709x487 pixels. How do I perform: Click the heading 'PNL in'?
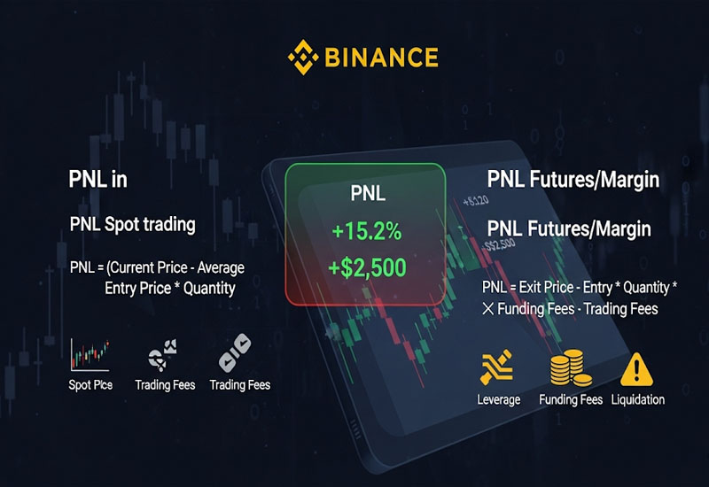pyautogui.click(x=98, y=180)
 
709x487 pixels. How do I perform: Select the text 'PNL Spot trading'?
pyautogui.click(x=132, y=224)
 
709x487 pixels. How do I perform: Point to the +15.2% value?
pyautogui.click(x=366, y=232)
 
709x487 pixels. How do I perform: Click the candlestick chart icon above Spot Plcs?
pyautogui.click(x=90, y=355)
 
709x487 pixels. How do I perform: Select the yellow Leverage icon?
pyautogui.click(x=498, y=368)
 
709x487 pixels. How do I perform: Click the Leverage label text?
pyautogui.click(x=498, y=399)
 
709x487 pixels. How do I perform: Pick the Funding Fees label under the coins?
pyautogui.click(x=571, y=399)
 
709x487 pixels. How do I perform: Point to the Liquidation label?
pyautogui.click(x=638, y=399)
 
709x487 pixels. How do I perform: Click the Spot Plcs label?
pyautogui.click(x=90, y=385)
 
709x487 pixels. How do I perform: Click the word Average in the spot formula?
pyautogui.click(x=220, y=267)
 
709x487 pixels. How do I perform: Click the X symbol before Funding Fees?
pyautogui.click(x=487, y=309)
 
